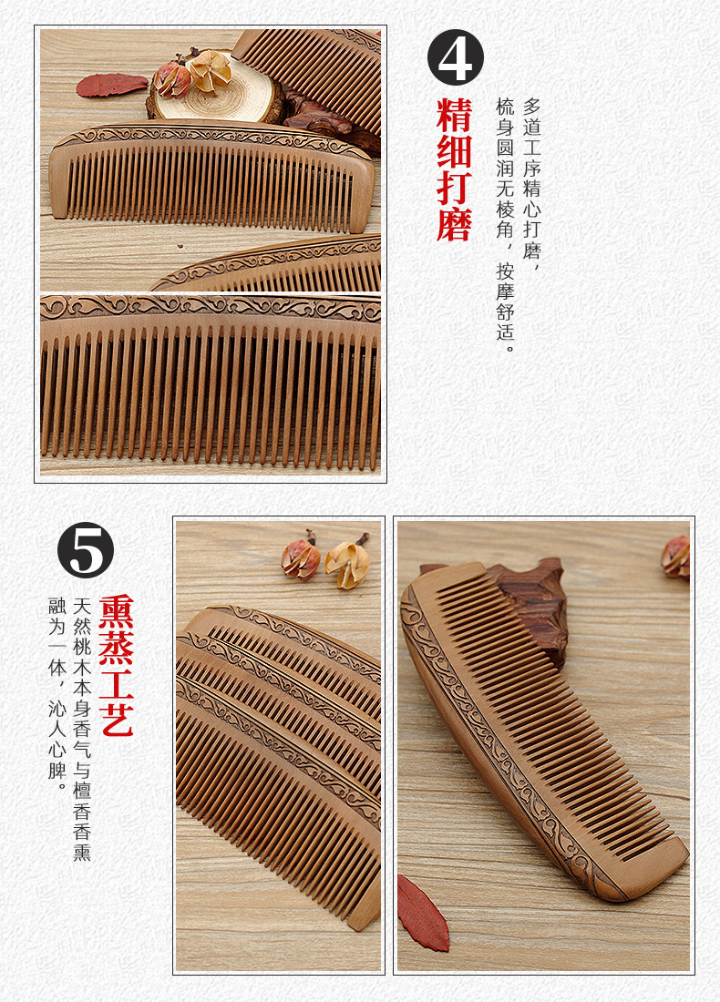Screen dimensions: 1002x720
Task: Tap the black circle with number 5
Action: (x=86, y=550)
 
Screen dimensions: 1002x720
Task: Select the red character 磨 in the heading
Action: (x=455, y=223)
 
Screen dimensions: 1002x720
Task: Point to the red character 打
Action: (x=455, y=187)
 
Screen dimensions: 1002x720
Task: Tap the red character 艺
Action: (x=116, y=720)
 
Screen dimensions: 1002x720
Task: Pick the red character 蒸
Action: (x=116, y=647)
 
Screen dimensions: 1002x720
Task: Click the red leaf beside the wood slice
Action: (x=111, y=85)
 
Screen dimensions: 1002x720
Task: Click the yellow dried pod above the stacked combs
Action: (x=347, y=564)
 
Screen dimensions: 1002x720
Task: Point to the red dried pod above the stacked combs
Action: (x=301, y=558)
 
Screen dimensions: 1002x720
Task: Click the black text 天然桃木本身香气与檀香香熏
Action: (x=82, y=729)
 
